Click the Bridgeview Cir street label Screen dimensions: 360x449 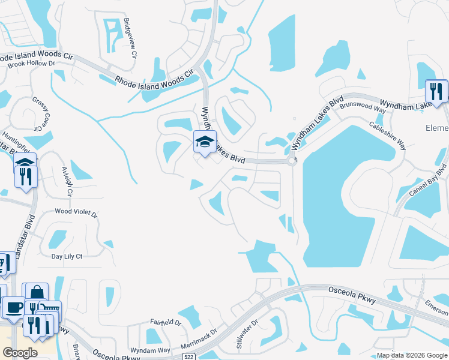(x=130, y=37)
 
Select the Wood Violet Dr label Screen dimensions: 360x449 (x=76, y=212)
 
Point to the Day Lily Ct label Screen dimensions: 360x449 (x=67, y=256)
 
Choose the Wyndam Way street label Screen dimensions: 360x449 (x=151, y=350)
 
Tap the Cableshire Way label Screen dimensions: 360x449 (x=387, y=136)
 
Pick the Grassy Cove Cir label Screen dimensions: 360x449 (x=38, y=114)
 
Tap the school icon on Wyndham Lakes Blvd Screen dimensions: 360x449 (x=204, y=142)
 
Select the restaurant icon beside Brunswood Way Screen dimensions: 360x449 (x=436, y=91)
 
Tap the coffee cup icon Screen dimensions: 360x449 (x=13, y=307)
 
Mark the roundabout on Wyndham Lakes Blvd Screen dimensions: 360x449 (x=292, y=161)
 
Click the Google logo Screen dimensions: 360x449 (x=20, y=353)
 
